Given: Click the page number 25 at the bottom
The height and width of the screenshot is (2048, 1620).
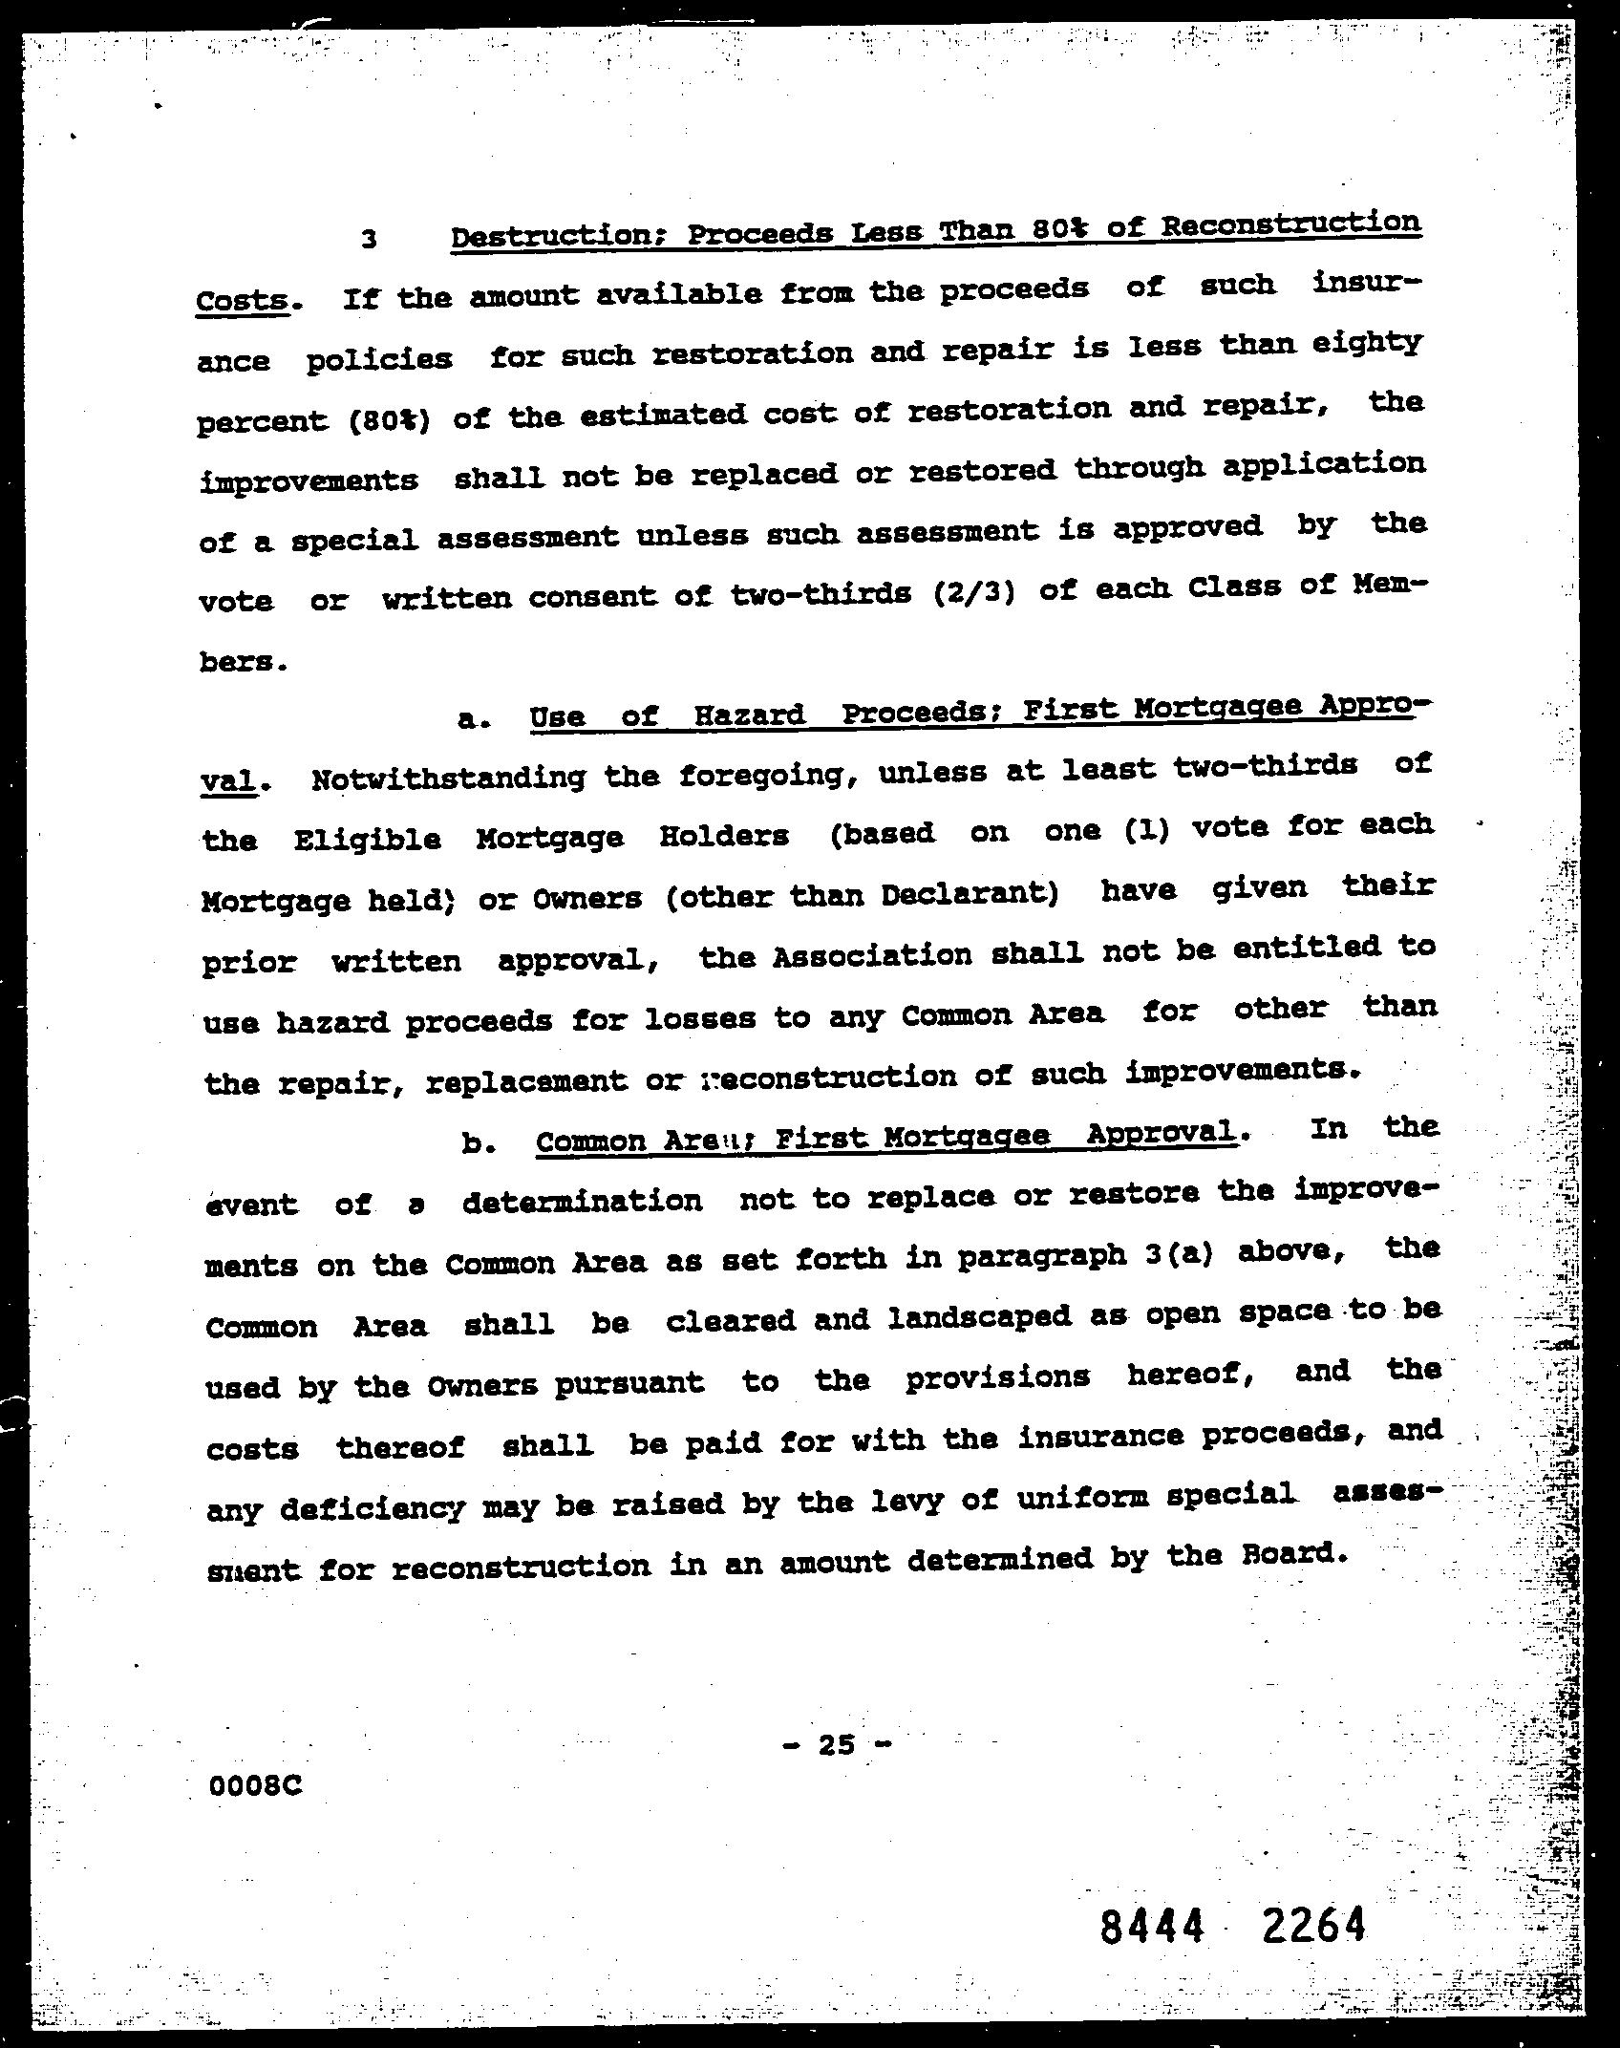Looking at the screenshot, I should coord(837,1745).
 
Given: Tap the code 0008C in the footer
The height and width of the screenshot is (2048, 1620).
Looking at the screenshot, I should coord(255,1783).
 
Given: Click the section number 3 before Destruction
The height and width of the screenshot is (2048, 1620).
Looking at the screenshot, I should coord(369,240).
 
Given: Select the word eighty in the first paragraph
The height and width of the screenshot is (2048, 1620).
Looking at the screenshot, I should coord(1366,341).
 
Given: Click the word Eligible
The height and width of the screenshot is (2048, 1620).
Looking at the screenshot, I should coord(367,840).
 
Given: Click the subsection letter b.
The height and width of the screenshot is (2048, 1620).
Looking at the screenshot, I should coord(477,1143).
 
